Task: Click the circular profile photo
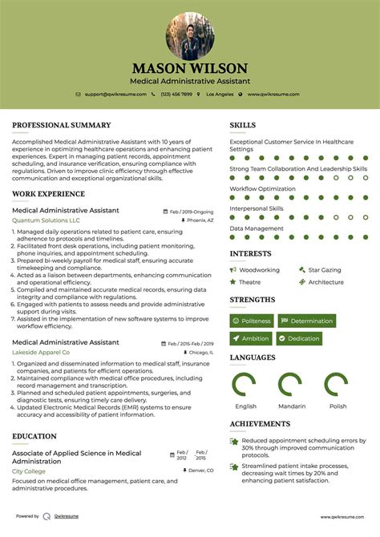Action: (x=190, y=35)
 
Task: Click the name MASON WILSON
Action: (x=190, y=68)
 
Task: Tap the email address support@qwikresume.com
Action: (x=115, y=94)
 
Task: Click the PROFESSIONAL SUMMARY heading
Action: (x=61, y=125)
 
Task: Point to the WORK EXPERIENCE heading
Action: (x=48, y=195)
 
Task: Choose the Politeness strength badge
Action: (x=252, y=321)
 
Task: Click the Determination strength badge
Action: (x=306, y=321)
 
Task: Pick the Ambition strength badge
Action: (x=251, y=338)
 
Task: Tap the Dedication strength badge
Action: (x=299, y=338)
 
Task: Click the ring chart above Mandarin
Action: (x=292, y=386)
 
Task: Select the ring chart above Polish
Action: (x=338, y=386)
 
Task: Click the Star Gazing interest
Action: (x=324, y=270)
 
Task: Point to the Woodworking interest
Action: (x=258, y=270)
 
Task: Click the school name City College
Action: (x=29, y=471)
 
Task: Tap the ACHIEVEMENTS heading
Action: (x=260, y=424)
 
